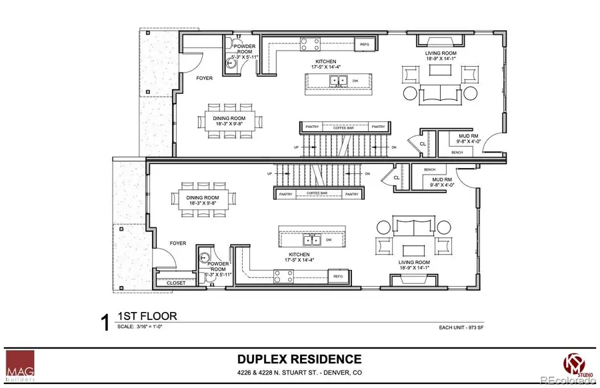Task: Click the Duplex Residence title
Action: point(299,359)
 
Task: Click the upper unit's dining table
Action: point(225,121)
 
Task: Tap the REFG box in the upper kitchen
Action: point(365,45)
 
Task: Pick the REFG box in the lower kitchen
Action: point(338,276)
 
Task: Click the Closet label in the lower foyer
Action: point(176,283)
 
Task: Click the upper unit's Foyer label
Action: point(204,78)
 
